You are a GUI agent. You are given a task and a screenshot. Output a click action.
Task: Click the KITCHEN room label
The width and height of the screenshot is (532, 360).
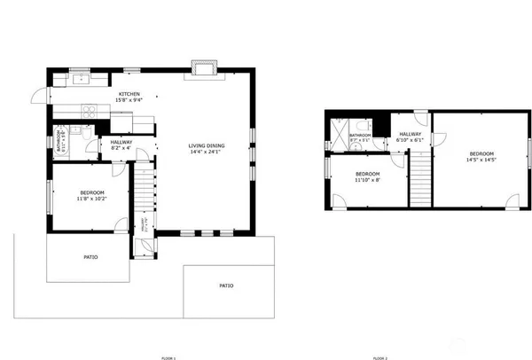[x=130, y=94]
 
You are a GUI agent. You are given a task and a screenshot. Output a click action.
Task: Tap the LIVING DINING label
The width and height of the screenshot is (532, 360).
[x=205, y=145]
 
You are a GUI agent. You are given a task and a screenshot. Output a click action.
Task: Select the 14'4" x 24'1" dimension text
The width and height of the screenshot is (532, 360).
[x=205, y=152]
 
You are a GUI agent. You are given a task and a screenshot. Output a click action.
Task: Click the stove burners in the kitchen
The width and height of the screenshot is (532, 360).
[x=90, y=113]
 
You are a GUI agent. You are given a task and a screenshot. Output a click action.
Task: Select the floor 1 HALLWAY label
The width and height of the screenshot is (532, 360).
[x=121, y=142]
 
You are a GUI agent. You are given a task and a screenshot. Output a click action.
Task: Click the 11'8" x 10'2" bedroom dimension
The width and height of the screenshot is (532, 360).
[x=91, y=200]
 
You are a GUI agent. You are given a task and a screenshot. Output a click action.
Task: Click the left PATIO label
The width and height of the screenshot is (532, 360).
[x=90, y=257]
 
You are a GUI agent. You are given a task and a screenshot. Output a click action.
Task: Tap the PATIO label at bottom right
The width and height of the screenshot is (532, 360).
[x=226, y=286]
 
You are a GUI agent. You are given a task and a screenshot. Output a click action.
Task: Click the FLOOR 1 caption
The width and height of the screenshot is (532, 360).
[x=168, y=357]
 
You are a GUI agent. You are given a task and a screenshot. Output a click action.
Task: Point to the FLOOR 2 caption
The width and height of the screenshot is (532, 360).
[x=379, y=357]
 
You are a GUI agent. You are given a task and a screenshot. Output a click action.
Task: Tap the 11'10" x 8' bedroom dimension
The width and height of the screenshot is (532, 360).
[x=367, y=180]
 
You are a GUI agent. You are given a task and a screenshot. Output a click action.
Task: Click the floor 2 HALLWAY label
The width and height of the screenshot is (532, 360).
[x=409, y=135]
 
